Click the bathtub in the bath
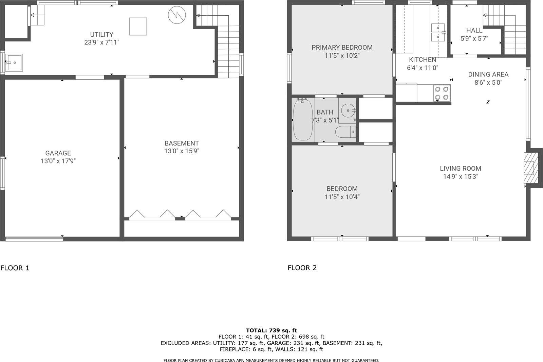303,120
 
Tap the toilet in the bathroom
345,132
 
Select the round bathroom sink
348,110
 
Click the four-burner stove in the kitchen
442,93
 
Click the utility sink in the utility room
14,63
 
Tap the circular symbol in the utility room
177,15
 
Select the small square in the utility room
138,27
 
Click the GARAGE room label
58,153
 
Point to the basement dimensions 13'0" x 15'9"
182,151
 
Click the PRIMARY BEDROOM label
342,48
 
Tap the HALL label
474,31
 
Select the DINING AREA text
488,74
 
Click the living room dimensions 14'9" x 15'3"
460,176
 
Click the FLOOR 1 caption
15,268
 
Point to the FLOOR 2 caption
302,268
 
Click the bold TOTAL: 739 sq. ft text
271,330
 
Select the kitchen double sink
438,32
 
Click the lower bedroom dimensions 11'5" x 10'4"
342,197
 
